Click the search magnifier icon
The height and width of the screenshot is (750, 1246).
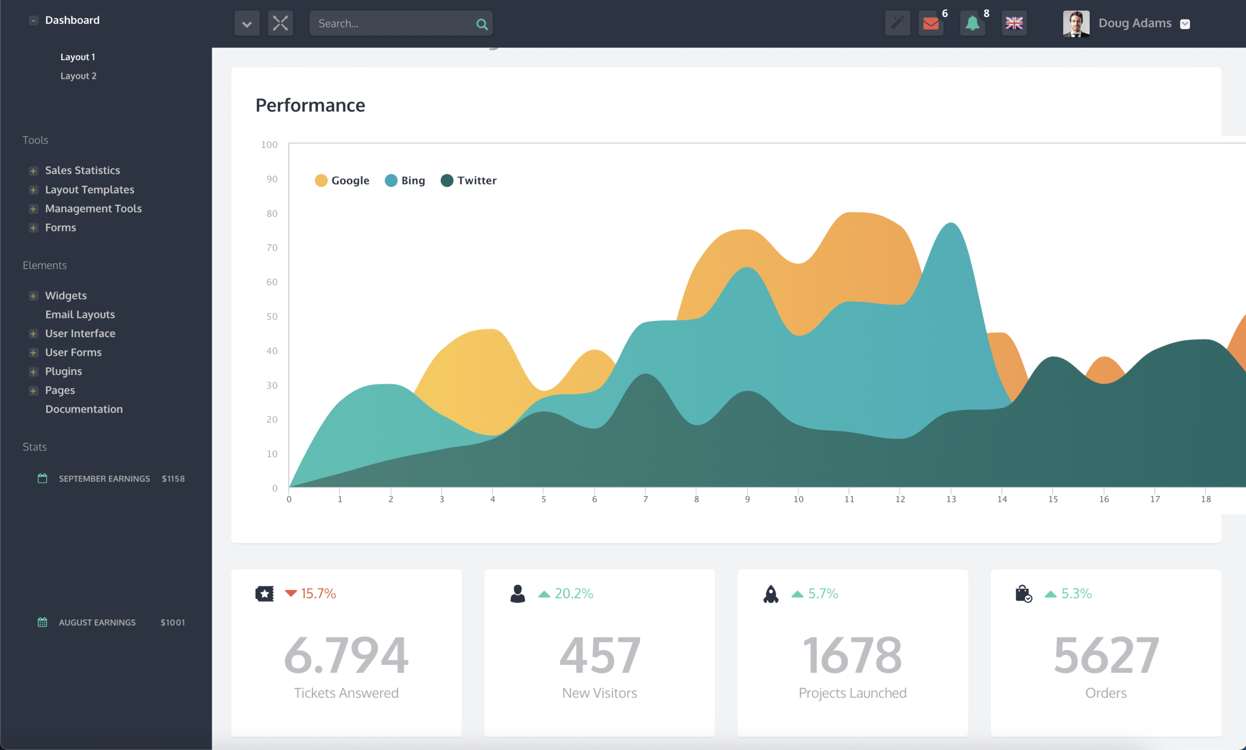click(x=481, y=24)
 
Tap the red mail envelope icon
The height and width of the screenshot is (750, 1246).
click(x=930, y=23)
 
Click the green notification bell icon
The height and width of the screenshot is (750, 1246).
click(x=972, y=23)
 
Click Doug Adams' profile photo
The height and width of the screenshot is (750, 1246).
click(x=1076, y=23)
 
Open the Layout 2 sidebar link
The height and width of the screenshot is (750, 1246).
click(x=78, y=76)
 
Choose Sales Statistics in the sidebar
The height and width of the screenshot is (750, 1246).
click(x=82, y=170)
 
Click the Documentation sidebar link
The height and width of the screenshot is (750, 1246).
click(x=84, y=409)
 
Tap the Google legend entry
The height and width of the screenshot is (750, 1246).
click(x=342, y=181)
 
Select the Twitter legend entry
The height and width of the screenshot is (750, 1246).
click(x=468, y=181)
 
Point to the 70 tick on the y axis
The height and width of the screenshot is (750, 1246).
click(x=272, y=248)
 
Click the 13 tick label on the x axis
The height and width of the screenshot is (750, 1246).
click(x=951, y=499)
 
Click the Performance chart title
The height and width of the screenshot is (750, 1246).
click(x=310, y=105)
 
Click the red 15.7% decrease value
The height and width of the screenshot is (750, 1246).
click(x=318, y=593)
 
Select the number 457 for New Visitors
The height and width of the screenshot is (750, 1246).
click(x=600, y=655)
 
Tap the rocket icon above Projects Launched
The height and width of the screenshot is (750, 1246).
click(x=770, y=594)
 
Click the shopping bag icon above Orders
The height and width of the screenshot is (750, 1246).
click(x=1023, y=594)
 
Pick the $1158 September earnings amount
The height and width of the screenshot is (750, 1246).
click(x=173, y=478)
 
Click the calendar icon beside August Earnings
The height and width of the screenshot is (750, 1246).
click(x=42, y=622)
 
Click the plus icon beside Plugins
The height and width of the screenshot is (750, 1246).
click(x=34, y=372)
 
